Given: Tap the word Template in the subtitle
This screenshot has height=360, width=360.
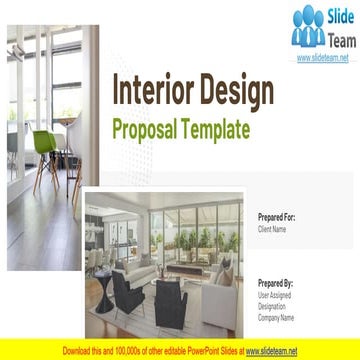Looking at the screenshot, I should pos(214,129).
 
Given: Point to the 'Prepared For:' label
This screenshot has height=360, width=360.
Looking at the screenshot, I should pos(276,217).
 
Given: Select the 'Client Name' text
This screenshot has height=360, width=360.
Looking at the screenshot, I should pos(272,229).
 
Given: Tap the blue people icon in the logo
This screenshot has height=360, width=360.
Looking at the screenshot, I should pos(308,27).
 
